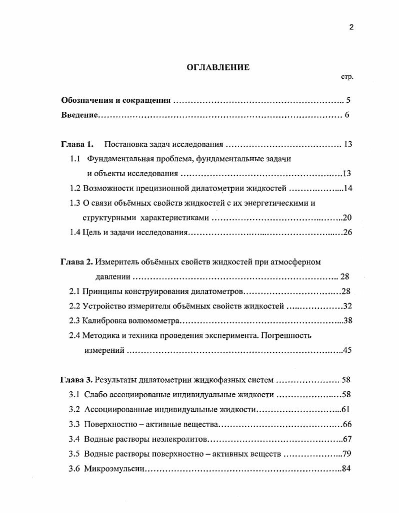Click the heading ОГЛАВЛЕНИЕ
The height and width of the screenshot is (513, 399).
tap(218, 67)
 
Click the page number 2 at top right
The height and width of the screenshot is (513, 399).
tap(351, 27)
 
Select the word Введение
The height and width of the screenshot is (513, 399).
tap(79, 115)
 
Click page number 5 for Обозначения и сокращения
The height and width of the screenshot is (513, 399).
tap(348, 100)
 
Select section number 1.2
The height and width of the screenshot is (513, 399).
tap(75, 188)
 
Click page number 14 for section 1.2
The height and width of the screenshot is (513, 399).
tap(348, 188)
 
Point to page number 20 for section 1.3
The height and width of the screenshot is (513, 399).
tap(348, 218)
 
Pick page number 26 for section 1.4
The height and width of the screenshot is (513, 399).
tap(348, 232)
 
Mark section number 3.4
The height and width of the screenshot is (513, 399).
tap(74, 439)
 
